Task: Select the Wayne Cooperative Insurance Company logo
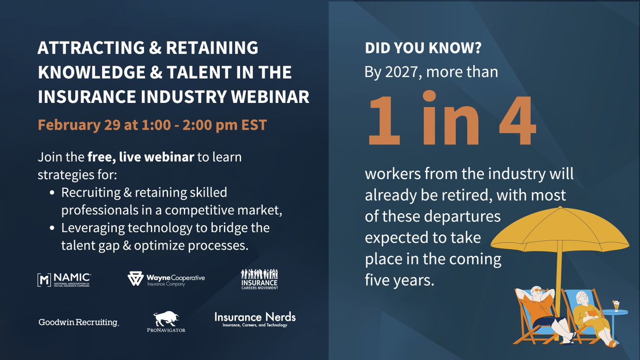[x=166, y=279]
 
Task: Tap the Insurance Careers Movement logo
[x=259, y=279]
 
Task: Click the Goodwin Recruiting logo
[x=78, y=322]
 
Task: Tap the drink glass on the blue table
[x=616, y=306]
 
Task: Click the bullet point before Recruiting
[x=51, y=193]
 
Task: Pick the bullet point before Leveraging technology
[x=51, y=229]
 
